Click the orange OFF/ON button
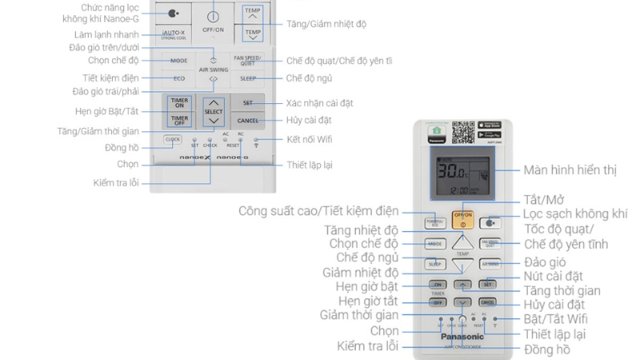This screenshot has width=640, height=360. (x=462, y=218)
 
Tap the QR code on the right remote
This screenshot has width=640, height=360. (x=463, y=133)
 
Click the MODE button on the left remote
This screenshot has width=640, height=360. (x=179, y=61)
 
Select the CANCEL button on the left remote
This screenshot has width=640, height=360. (x=247, y=121)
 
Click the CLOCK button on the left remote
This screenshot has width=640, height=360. (x=173, y=139)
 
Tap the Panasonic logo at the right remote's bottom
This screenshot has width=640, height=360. (x=462, y=337)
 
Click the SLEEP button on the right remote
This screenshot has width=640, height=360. (x=436, y=264)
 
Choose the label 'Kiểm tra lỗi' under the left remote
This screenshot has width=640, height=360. (x=117, y=183)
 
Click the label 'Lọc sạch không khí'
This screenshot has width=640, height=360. (x=574, y=214)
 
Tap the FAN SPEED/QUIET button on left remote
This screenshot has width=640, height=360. (x=248, y=61)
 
